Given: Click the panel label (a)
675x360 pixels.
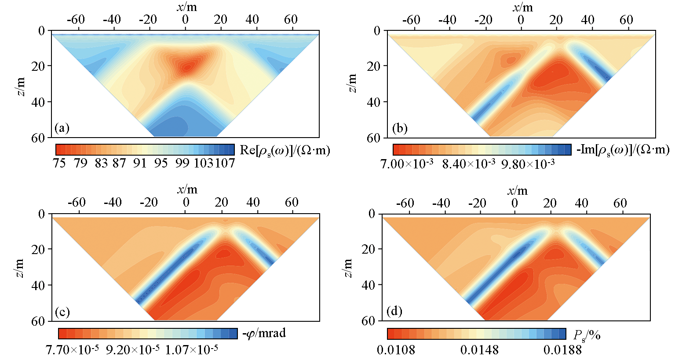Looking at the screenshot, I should click(x=62, y=128).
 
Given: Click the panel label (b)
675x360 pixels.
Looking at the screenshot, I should click(x=400, y=128).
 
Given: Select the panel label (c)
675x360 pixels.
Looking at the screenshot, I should click(x=62, y=312).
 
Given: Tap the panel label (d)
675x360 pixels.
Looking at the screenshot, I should click(x=394, y=312).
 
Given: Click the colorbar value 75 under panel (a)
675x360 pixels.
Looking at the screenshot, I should click(x=59, y=164).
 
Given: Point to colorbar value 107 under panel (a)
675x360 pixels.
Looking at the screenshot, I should click(x=225, y=164).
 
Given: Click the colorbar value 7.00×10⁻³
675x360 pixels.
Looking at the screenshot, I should click(x=406, y=164).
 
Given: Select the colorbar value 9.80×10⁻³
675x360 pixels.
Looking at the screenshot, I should click(x=528, y=164).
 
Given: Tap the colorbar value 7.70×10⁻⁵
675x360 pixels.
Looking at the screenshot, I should click(x=72, y=350).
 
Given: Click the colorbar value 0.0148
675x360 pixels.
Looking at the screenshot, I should click(x=479, y=350).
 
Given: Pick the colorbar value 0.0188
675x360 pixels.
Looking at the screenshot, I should click(x=562, y=350).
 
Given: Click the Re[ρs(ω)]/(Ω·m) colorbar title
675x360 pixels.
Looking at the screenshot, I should click(x=285, y=150).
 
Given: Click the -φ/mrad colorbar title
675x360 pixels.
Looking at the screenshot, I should click(x=264, y=333).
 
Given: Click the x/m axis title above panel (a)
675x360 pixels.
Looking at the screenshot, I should click(x=187, y=6).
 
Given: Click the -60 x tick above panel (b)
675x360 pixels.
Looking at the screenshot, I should click(x=411, y=20).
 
